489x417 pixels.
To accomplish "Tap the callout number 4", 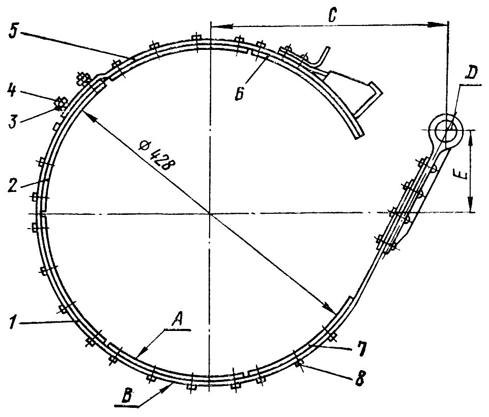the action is (x=12, y=91).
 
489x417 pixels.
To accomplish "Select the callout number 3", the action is (x=13, y=122).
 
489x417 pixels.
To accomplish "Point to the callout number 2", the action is (x=12, y=186).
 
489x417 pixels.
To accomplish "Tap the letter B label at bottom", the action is (x=126, y=397).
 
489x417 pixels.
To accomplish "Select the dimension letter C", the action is (x=333, y=16).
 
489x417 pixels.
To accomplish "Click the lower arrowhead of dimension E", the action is (x=470, y=205).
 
